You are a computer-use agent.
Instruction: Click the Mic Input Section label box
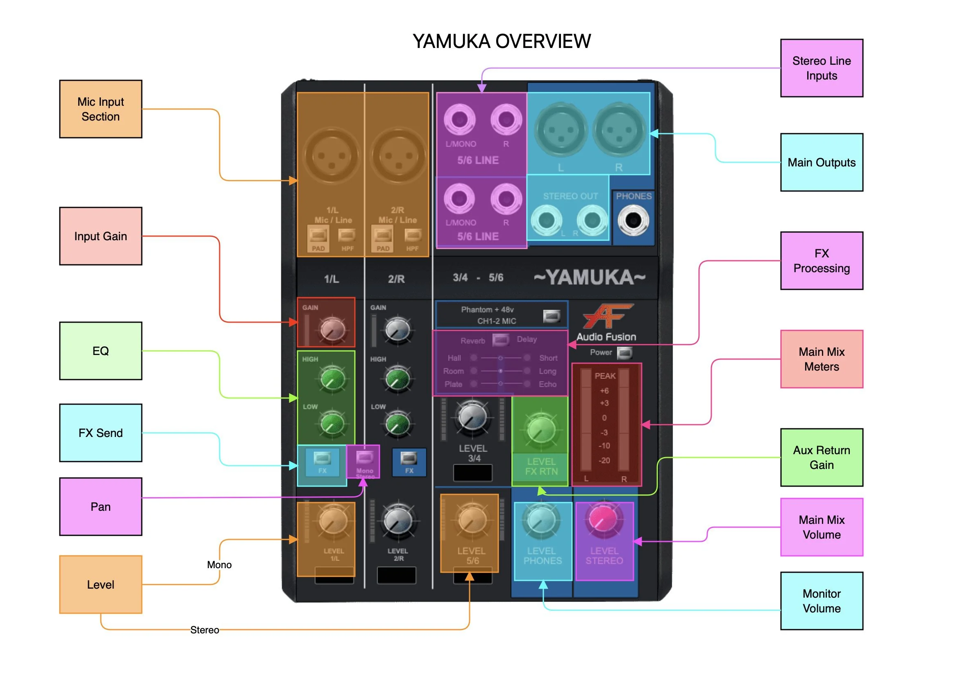pos(100,109)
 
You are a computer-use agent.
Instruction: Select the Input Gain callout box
pos(100,236)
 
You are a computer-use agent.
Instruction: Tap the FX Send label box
pos(100,433)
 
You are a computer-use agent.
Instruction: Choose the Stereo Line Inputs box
pos(822,68)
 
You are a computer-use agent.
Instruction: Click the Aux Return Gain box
pos(822,457)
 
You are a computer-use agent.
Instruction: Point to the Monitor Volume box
pos(822,601)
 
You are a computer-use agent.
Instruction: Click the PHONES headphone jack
pos(633,220)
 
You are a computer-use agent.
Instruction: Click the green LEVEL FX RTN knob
pos(541,430)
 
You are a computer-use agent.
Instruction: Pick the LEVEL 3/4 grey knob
pos(472,416)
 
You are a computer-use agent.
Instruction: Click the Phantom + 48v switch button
pos(552,316)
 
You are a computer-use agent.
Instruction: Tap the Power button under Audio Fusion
pos(624,353)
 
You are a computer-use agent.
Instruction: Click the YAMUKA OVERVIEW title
pos(502,41)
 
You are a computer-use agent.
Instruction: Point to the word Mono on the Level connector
pos(219,565)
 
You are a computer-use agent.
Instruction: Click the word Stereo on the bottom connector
pos(204,630)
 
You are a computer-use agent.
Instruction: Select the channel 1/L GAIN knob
pos(332,330)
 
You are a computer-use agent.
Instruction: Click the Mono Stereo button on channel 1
pos(364,458)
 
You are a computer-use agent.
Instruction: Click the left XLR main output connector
pos(561,130)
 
